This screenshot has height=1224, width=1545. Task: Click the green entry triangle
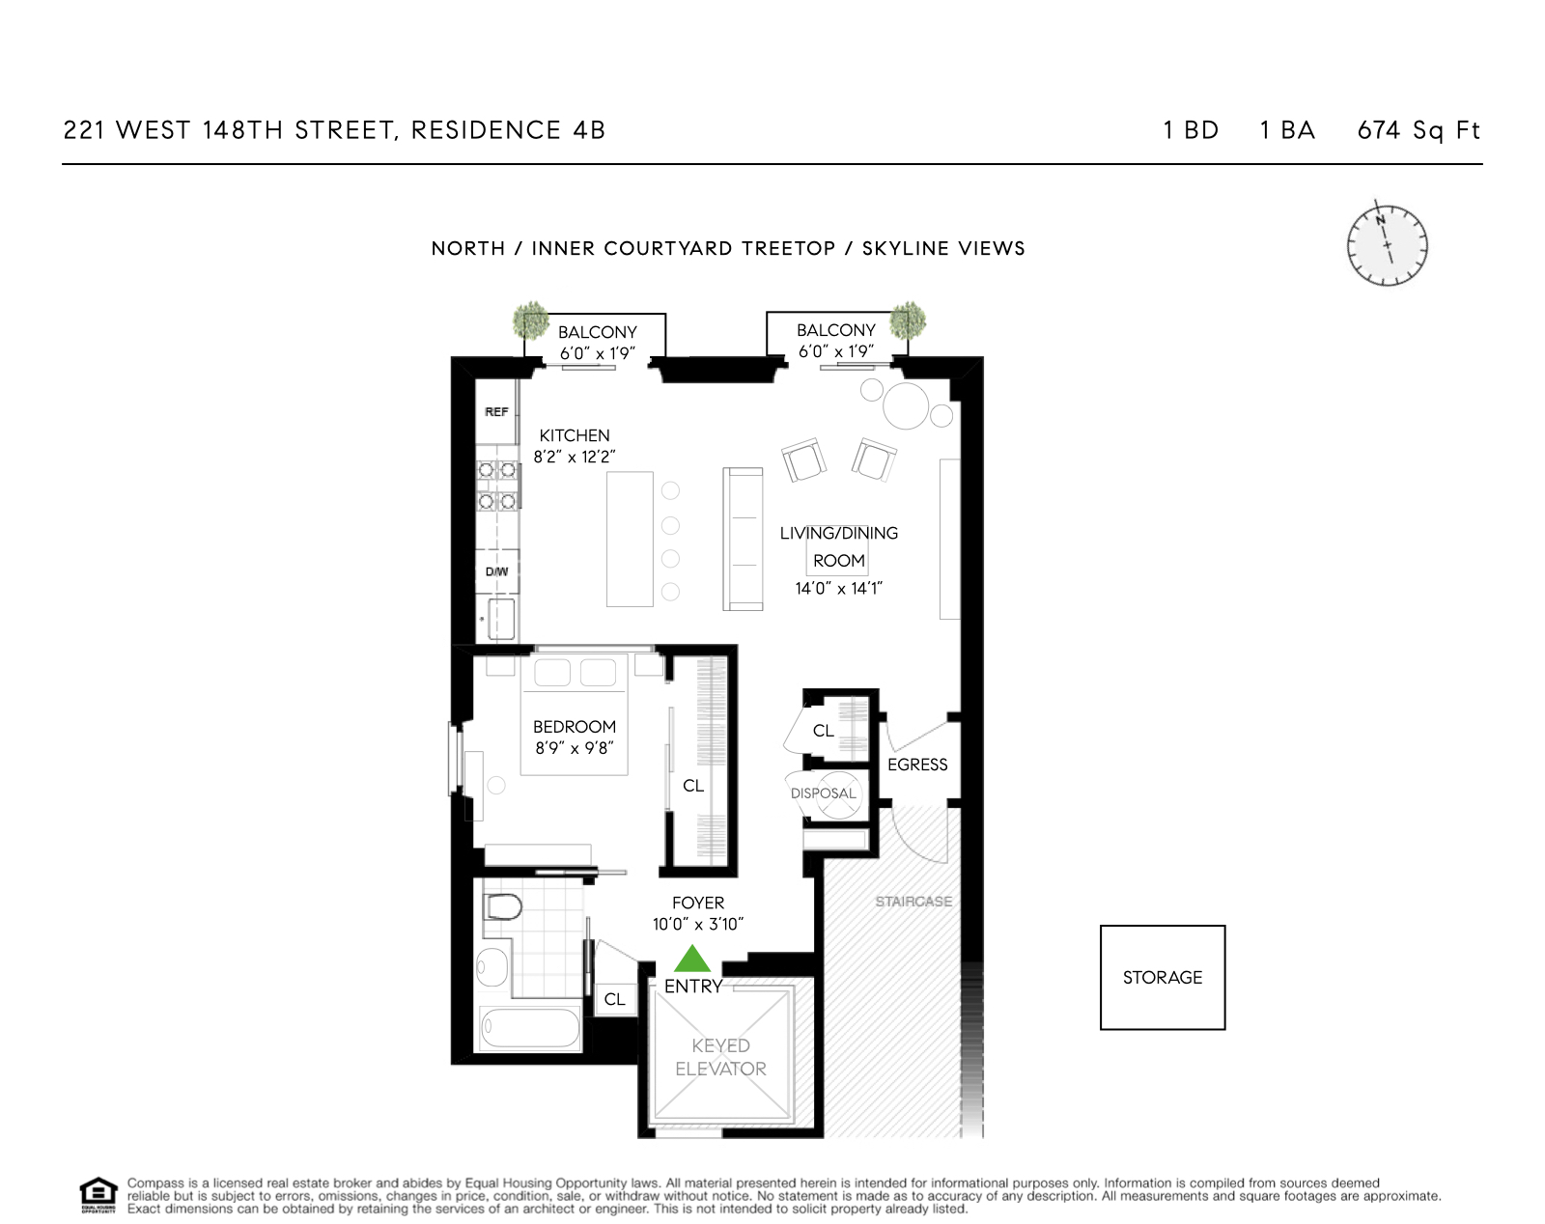point(691,960)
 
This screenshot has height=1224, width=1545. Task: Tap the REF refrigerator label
point(496,412)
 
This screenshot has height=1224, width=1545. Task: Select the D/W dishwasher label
point(496,572)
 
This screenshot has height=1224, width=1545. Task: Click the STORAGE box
point(1163,977)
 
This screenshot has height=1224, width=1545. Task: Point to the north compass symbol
point(1388,245)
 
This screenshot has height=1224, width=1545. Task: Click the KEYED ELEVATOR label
point(720,1057)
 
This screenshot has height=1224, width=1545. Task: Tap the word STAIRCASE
point(913,902)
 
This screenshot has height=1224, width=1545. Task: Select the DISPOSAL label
point(823,793)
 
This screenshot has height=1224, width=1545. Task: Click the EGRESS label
point(917,765)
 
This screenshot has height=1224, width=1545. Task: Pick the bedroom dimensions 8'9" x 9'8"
point(575,748)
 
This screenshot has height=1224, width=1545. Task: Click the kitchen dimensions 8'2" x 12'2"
point(575,457)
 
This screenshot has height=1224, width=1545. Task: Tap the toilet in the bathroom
point(502,907)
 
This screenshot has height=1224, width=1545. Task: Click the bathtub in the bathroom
point(529,1028)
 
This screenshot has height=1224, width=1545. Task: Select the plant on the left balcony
point(530,320)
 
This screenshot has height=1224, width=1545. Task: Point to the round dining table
point(906,405)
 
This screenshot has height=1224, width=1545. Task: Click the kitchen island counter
point(630,539)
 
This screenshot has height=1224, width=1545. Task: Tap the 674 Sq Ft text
point(1418,130)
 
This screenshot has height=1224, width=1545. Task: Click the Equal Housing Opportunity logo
point(98,1195)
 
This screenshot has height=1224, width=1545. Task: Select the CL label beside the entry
point(614,1000)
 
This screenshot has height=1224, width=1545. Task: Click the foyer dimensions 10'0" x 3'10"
point(697,925)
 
